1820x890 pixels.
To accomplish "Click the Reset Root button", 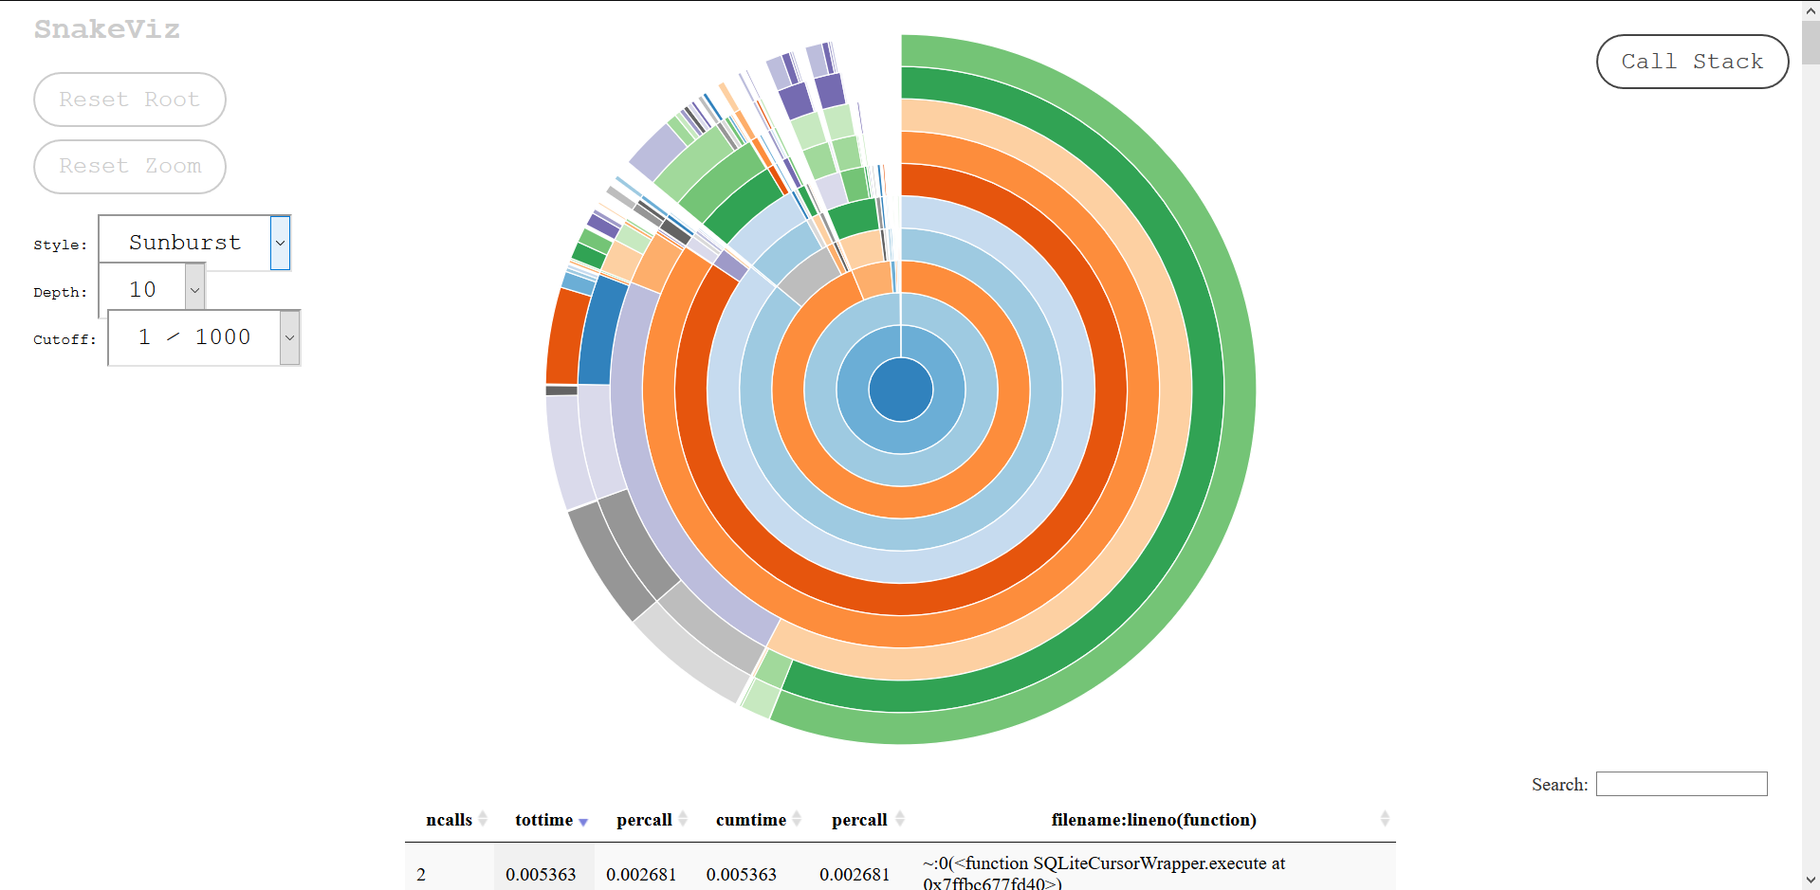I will tap(130, 100).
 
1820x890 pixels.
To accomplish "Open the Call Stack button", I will tap(1692, 62).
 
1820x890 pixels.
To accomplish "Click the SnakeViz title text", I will tap(107, 29).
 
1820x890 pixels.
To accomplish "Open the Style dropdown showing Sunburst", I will tap(194, 243).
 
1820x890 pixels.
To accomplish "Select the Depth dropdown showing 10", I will tap(152, 290).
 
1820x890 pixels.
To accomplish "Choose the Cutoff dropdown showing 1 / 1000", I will tap(204, 337).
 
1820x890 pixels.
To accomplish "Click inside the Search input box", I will tap(1681, 784).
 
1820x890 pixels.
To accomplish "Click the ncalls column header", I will tap(449, 820).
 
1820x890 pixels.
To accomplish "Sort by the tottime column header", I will tap(544, 820).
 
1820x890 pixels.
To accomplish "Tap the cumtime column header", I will tap(751, 820).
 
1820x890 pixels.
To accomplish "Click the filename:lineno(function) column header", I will tap(1153, 820).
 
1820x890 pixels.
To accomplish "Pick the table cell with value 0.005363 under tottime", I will tap(541, 874).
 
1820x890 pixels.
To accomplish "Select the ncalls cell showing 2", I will tap(421, 874).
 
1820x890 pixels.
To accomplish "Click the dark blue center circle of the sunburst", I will tap(900, 390).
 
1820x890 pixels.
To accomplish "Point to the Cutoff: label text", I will tap(64, 339).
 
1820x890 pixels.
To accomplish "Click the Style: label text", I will tap(60, 245).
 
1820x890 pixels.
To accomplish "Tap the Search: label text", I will tap(1559, 785).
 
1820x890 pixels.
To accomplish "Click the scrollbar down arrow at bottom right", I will tap(1811, 881).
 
